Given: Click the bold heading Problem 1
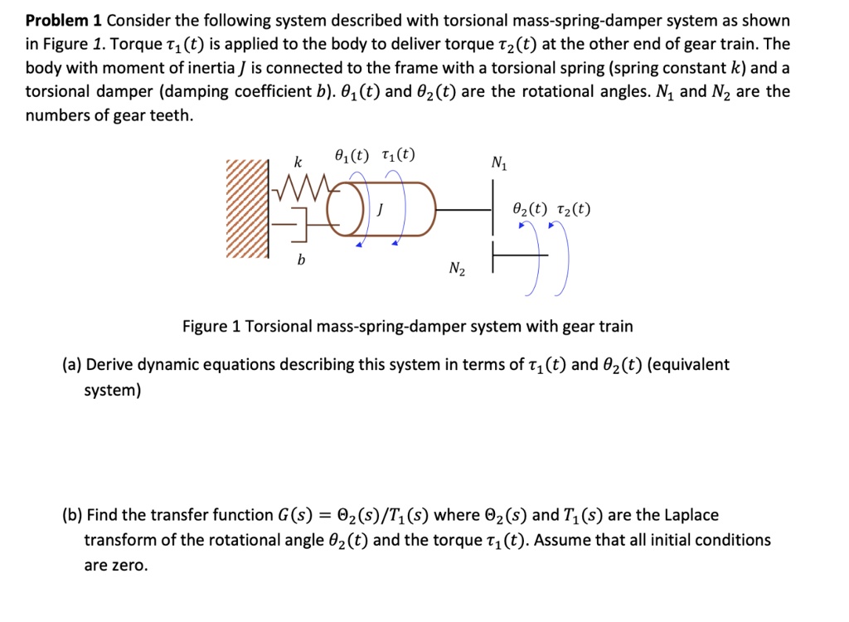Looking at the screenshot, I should (x=63, y=21).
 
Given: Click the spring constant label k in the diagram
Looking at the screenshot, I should (x=298, y=160).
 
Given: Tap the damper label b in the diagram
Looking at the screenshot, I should (x=301, y=260).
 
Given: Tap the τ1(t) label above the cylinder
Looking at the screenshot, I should (x=399, y=154).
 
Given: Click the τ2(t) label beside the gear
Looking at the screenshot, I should (x=573, y=209).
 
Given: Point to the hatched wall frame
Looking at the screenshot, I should (x=247, y=208).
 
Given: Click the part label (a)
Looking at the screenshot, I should (x=73, y=365).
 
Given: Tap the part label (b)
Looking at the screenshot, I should (x=73, y=515).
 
